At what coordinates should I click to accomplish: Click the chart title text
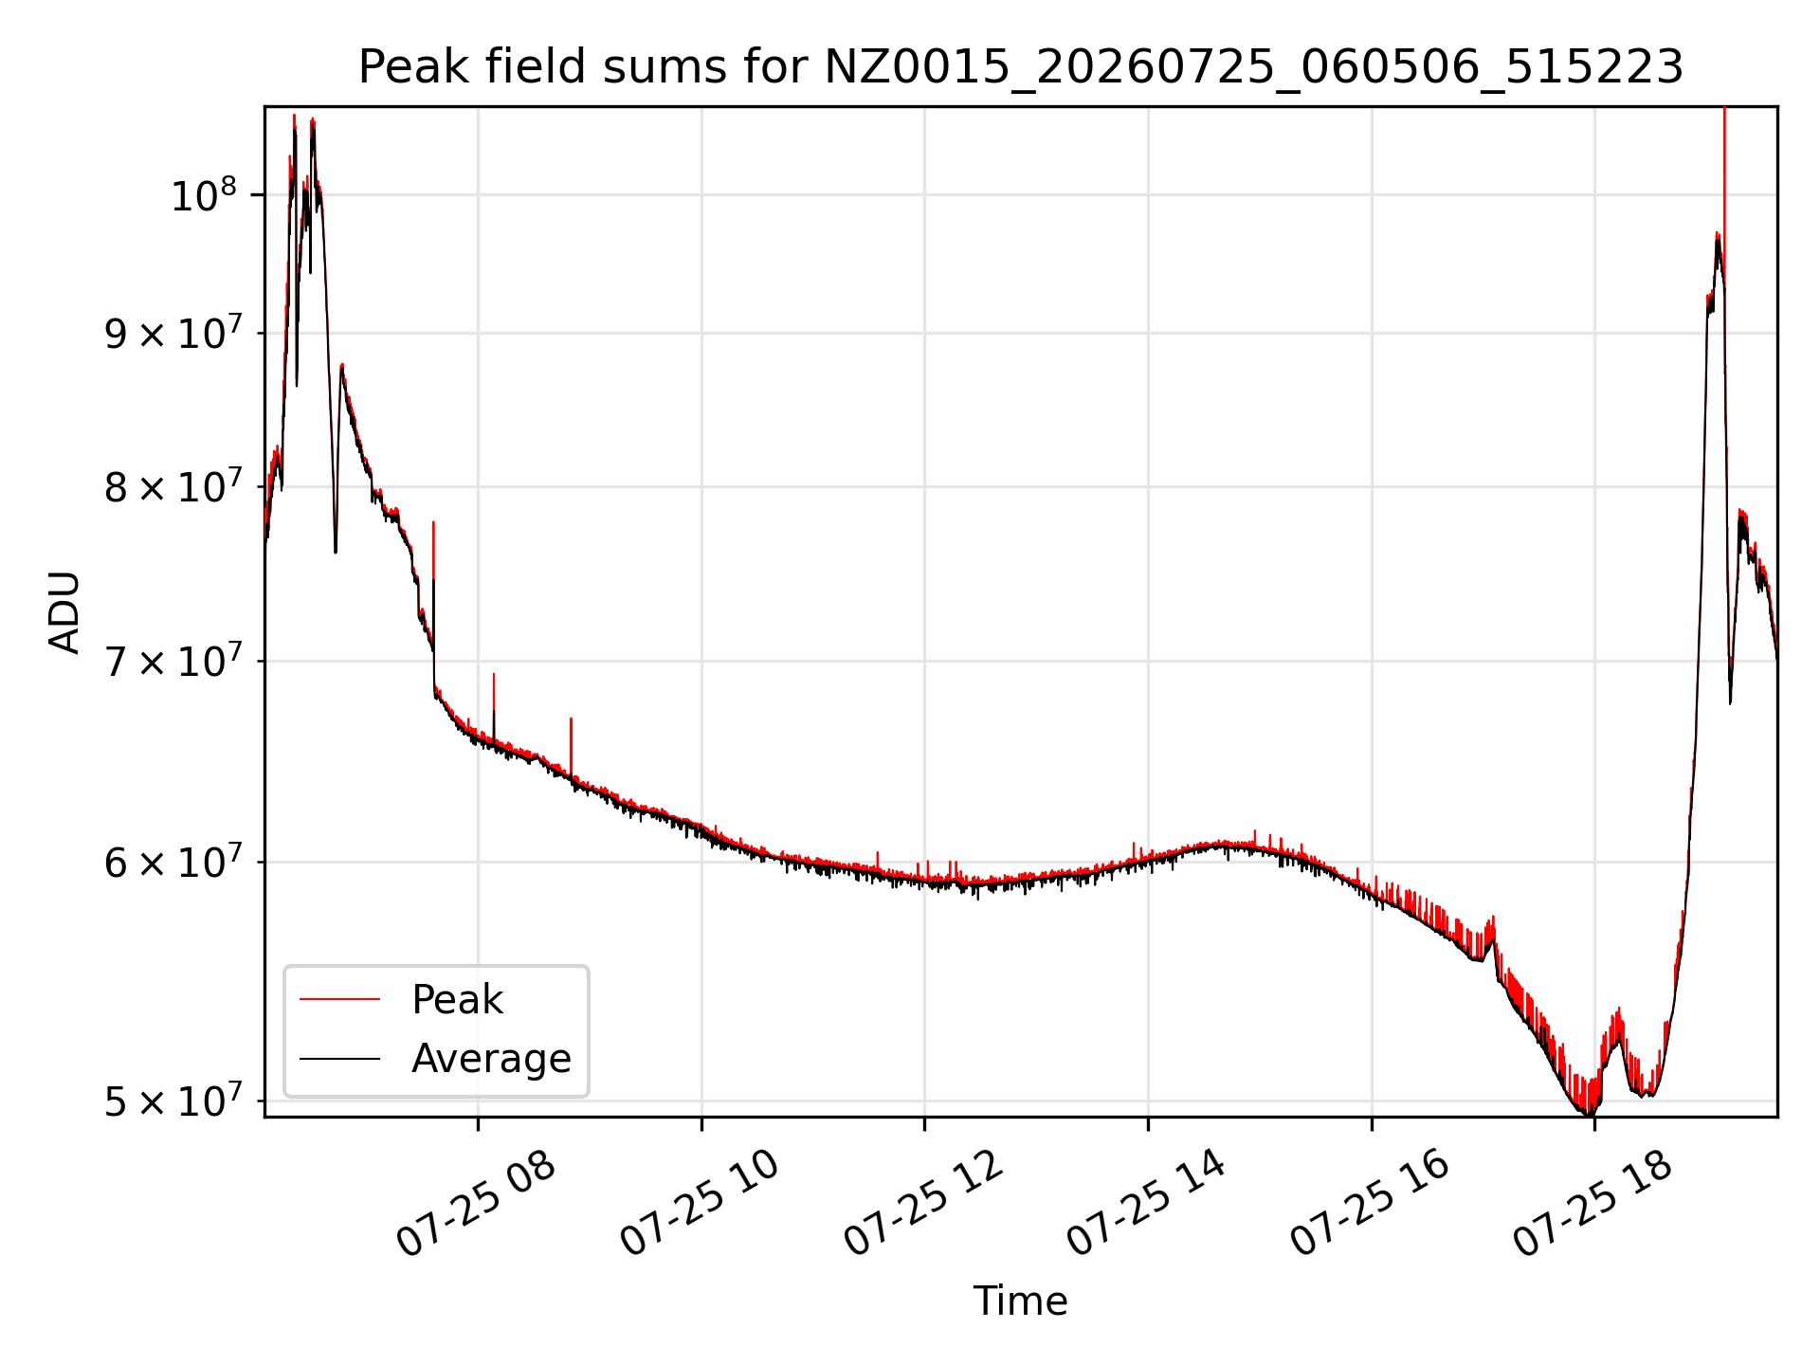(x=1021, y=67)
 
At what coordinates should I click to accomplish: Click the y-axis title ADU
(x=64, y=611)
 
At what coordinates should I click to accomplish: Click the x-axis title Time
(x=1020, y=1301)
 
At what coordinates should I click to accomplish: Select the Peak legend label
(x=457, y=1000)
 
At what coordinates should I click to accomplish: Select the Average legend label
(x=491, y=1058)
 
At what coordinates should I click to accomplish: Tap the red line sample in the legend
(x=339, y=999)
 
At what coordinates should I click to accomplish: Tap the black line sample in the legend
(x=339, y=1058)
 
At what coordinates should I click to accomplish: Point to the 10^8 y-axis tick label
(x=203, y=195)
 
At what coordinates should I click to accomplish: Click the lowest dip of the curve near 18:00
(x=1590, y=1113)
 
